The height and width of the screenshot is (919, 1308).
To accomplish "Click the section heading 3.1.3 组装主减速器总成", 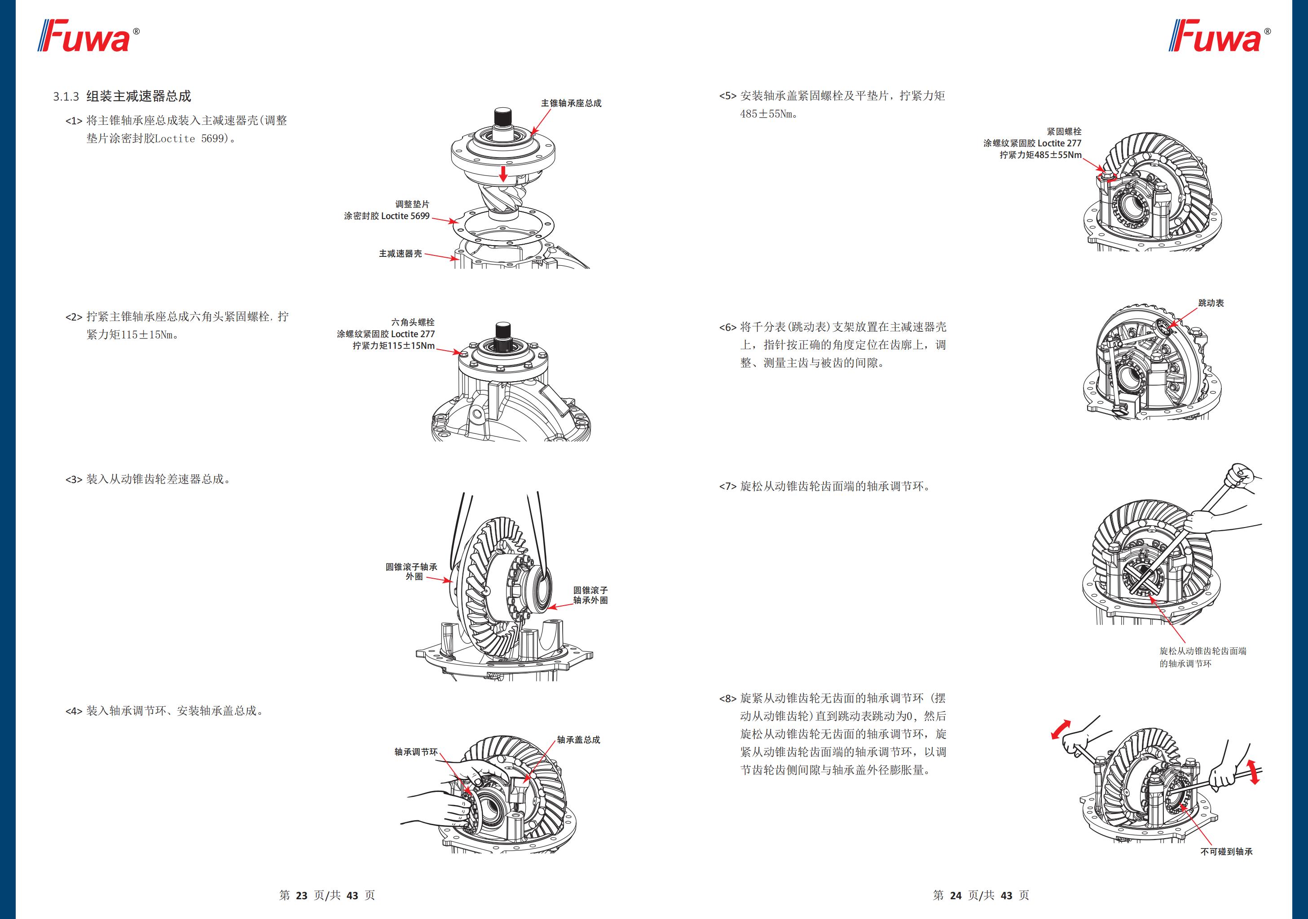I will pos(122,96).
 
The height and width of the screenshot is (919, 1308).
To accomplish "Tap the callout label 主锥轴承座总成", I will pos(571,103).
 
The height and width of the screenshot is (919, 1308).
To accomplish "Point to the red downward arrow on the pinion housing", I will pos(503,173).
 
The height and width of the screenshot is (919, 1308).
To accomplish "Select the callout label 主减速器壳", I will pos(401,254).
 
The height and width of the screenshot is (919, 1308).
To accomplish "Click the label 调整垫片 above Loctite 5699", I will pos(413,204).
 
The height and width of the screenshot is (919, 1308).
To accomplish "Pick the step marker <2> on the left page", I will pos(74,317).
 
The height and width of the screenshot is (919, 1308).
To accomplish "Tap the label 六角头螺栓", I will pos(413,322).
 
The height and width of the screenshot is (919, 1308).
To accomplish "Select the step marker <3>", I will pos(74,479).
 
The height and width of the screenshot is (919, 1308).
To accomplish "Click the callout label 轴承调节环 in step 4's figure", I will pos(416,752).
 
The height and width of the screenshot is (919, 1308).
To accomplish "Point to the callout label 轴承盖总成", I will pos(578,739).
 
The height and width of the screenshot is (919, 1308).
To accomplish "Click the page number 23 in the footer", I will pos(301,895).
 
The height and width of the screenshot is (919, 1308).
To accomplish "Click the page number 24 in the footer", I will pos(956,895).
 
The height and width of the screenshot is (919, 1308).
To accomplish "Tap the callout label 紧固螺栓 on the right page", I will pos(1064,132).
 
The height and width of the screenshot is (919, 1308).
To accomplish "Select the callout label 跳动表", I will pos(1211,303).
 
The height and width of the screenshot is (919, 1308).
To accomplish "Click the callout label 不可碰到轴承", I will pos(1227,868).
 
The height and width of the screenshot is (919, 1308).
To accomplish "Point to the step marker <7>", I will pos(727,487).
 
